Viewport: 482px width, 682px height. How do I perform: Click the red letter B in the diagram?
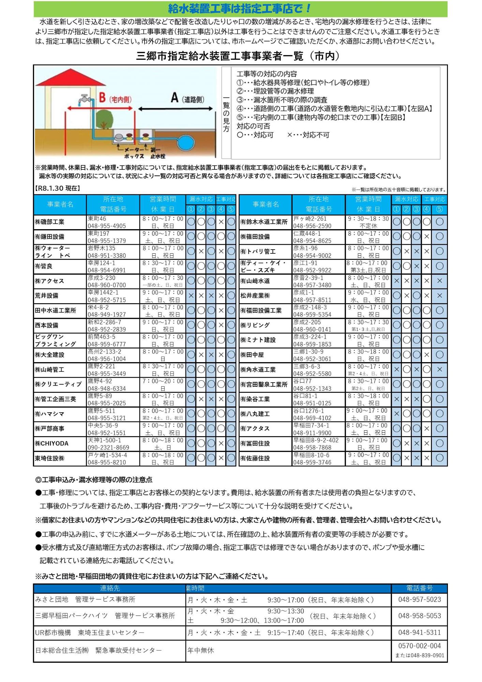[102, 98]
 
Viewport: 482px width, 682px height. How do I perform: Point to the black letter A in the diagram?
[175, 98]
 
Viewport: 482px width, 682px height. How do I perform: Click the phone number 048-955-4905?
[107, 226]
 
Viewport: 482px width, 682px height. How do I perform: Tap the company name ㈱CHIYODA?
[52, 443]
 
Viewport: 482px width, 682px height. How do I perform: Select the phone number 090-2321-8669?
[108, 447]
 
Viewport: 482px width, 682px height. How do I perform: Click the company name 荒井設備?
[47, 296]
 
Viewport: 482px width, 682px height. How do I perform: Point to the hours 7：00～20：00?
[163, 381]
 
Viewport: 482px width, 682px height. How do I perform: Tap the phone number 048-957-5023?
[419, 599]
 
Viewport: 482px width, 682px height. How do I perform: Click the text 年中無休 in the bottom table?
[201, 650]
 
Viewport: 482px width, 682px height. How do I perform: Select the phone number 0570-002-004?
[419, 646]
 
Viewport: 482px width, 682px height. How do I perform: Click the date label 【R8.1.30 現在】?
[58, 188]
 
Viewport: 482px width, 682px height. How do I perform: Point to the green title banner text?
[240, 9]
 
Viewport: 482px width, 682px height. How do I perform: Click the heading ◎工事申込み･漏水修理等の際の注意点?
[94, 480]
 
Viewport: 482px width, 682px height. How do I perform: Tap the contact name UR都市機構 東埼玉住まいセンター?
[90, 633]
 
